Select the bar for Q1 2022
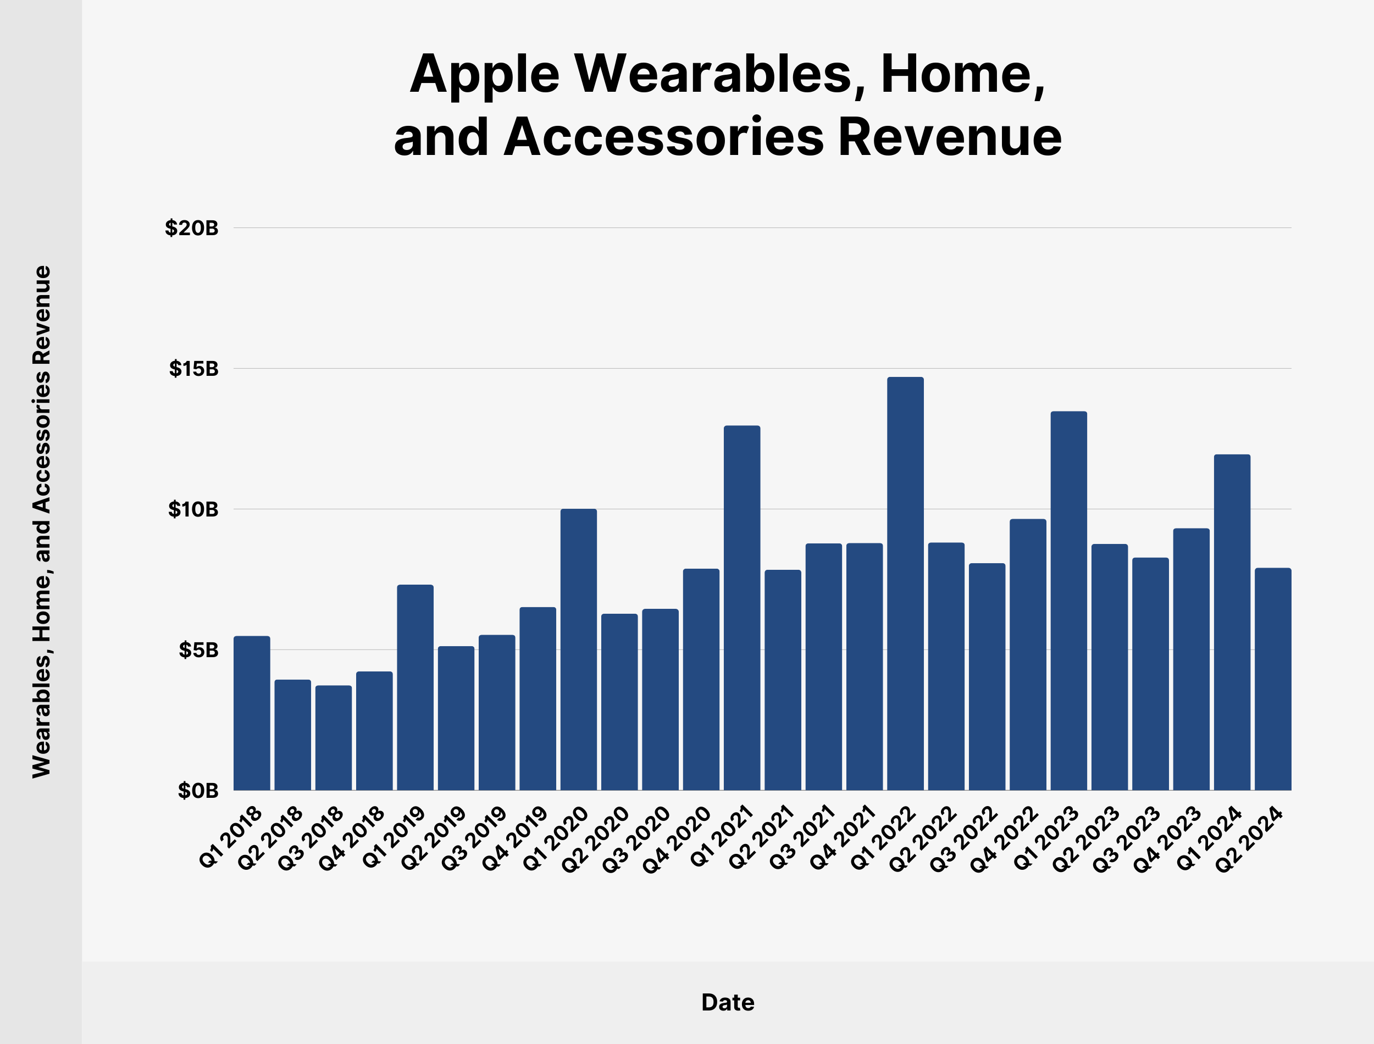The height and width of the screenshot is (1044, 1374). click(905, 584)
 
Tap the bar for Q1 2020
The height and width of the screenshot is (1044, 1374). click(579, 649)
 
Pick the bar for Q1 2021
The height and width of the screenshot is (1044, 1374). click(742, 608)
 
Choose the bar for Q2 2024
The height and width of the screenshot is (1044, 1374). click(1273, 679)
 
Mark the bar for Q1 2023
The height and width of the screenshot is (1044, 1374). click(1069, 601)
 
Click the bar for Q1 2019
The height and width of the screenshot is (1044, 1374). click(415, 687)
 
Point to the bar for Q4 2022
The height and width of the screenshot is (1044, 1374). click(1028, 654)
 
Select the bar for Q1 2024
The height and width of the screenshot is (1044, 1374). click(1232, 622)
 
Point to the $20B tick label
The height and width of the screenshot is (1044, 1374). click(191, 228)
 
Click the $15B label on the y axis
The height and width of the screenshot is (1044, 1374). click(194, 369)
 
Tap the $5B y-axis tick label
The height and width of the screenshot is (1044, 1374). click(198, 650)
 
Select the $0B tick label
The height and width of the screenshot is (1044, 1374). click(198, 791)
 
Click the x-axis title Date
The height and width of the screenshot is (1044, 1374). click(728, 1002)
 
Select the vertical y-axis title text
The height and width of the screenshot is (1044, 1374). click(42, 522)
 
